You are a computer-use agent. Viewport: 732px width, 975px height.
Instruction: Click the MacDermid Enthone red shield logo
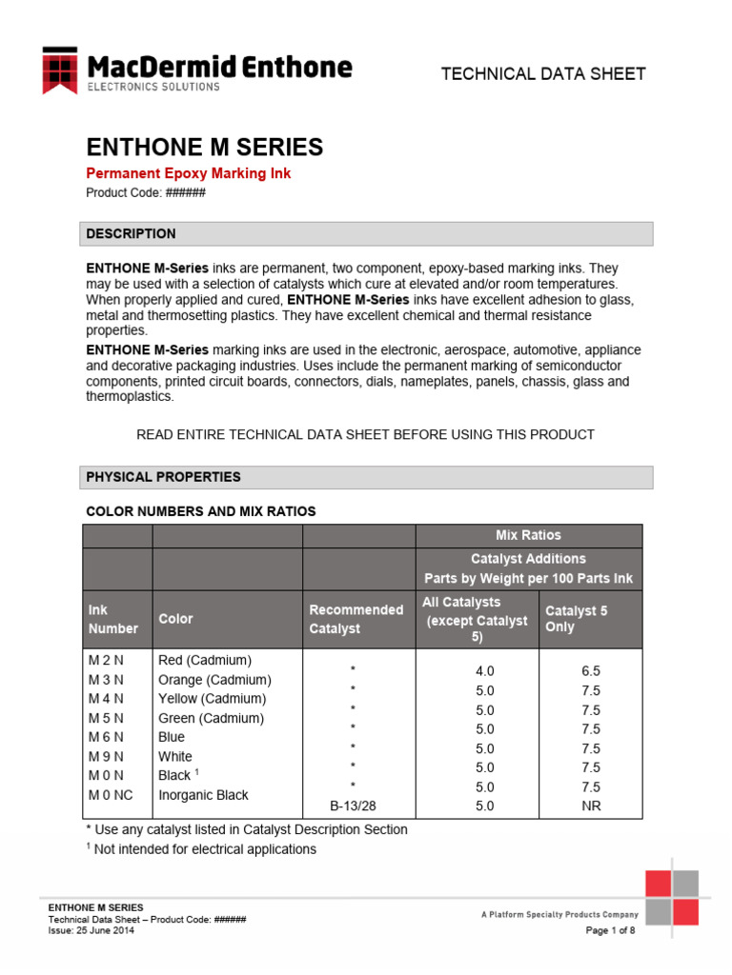[60, 70]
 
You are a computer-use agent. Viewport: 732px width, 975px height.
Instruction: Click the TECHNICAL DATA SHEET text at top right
[543, 73]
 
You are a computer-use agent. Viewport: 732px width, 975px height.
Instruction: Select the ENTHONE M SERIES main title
[204, 148]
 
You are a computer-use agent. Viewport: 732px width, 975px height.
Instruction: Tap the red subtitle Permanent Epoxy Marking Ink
[188, 173]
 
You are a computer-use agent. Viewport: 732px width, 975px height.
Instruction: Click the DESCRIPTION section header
[131, 233]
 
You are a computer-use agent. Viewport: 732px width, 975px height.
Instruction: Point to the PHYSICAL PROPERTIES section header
[163, 476]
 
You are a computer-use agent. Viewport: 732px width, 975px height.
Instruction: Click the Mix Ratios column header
[528, 535]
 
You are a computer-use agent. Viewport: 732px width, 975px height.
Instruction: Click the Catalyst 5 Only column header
[576, 619]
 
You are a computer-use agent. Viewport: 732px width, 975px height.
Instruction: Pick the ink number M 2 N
[106, 660]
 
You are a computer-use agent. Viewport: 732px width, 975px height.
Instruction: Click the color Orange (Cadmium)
[214, 680]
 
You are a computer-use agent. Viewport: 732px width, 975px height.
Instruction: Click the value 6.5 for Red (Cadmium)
[591, 671]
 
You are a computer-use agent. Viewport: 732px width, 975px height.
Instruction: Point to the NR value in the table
[591, 806]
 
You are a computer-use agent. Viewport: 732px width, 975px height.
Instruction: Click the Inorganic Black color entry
[203, 795]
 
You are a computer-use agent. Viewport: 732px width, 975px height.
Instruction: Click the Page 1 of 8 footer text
[609, 930]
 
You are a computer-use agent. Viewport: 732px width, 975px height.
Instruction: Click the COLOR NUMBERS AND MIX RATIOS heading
[200, 511]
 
